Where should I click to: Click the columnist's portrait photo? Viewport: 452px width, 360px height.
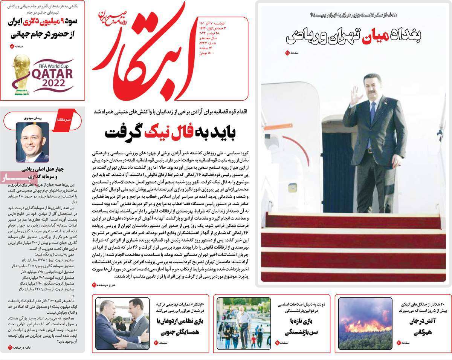32,142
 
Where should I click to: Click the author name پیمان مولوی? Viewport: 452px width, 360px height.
32,117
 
